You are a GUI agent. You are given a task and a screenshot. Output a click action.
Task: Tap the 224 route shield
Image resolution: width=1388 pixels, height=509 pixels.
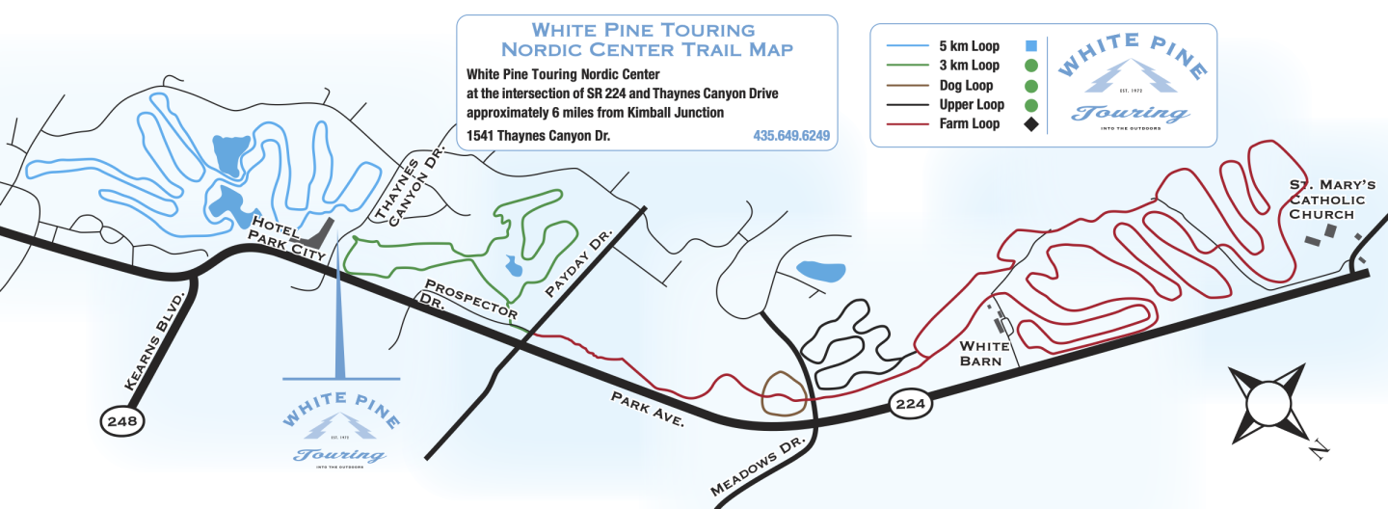click(x=911, y=403)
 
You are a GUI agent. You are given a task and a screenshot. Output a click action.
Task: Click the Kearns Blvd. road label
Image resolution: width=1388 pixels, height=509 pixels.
click(x=154, y=340)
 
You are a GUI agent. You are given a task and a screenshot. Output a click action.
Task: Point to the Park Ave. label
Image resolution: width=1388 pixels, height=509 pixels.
click(x=647, y=409)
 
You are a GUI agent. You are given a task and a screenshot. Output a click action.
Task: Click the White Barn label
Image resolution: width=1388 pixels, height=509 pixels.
click(x=984, y=354)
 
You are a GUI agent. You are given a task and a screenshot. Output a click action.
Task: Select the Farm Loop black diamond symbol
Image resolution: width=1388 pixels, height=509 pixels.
click(x=1030, y=124)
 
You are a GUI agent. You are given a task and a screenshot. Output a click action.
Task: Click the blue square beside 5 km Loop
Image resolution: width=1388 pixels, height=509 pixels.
click(x=1030, y=46)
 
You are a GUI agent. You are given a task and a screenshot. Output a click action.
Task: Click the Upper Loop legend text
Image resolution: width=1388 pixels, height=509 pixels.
click(x=971, y=104)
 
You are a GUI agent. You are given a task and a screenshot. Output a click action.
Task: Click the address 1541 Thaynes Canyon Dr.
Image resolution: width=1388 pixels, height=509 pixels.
click(x=538, y=136)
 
